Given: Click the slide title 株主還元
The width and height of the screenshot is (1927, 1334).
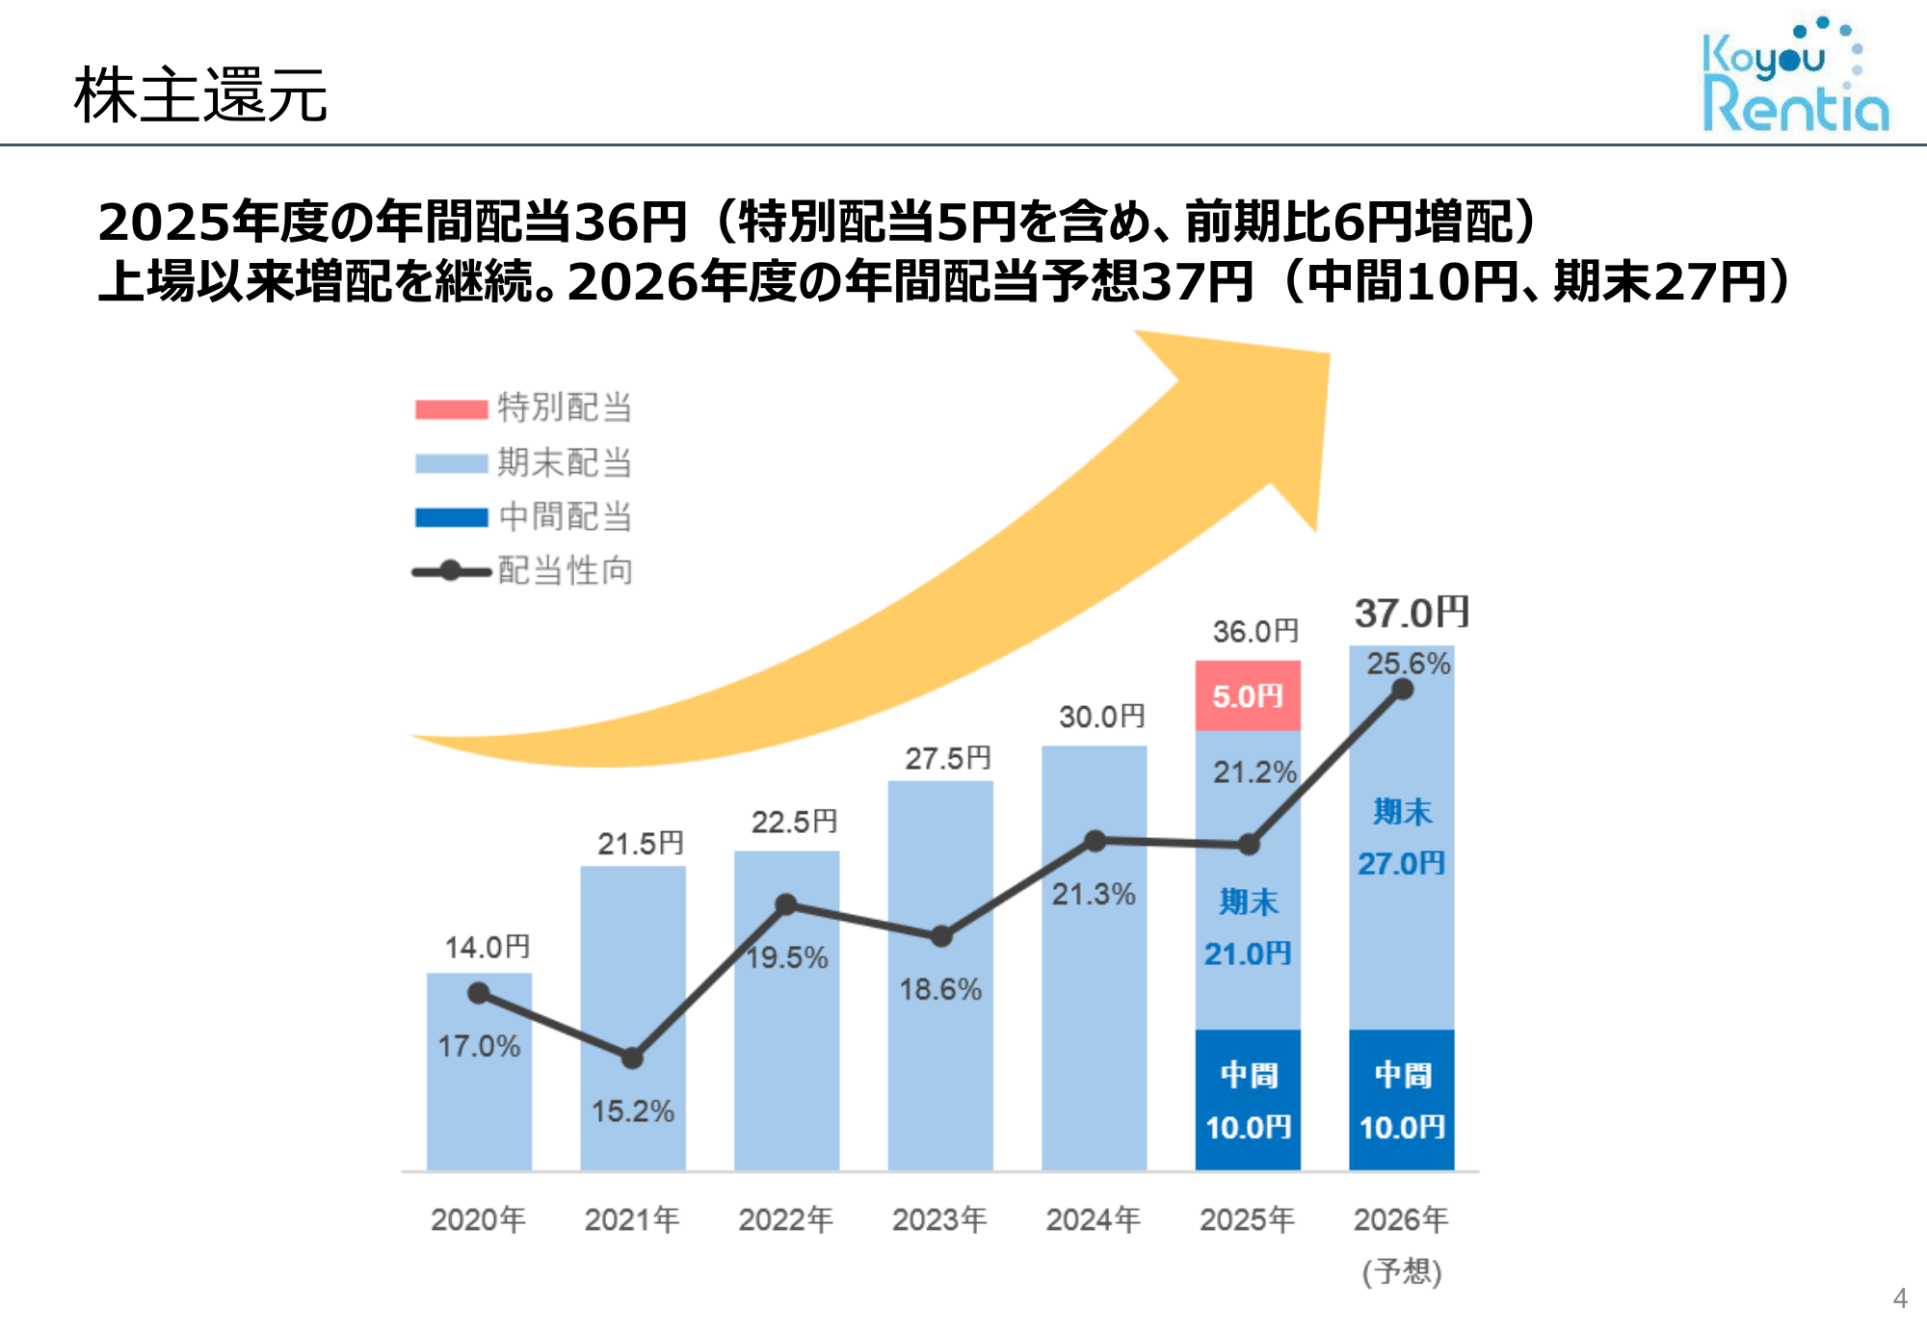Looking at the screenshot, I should (x=200, y=95).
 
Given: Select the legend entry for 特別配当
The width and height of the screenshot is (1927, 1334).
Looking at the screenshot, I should (x=523, y=407).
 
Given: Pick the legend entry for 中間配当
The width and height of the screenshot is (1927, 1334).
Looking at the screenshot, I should (x=523, y=517).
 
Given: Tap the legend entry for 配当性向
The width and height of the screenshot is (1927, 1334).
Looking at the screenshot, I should (x=523, y=571).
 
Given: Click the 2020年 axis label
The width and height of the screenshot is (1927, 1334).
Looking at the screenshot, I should (x=478, y=1220).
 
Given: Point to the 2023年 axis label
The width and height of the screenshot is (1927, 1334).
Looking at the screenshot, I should (x=939, y=1220).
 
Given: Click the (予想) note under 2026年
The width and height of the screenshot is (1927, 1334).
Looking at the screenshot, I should (x=1402, y=1272).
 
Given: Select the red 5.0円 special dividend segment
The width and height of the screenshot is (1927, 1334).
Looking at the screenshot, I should (x=1248, y=695).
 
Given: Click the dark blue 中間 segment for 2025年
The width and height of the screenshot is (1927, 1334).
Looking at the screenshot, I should (x=1248, y=1100).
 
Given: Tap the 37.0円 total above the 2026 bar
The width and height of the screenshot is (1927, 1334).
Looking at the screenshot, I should (x=1412, y=613).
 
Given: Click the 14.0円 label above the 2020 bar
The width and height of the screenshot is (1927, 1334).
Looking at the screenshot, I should (x=488, y=948).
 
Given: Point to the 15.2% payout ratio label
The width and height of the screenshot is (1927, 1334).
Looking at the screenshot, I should (x=633, y=1112).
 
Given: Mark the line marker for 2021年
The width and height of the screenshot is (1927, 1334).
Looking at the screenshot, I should (x=632, y=1059).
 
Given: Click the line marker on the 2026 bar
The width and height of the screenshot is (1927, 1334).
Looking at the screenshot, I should (x=1403, y=690).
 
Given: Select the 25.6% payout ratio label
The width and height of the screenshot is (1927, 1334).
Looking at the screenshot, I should (x=1408, y=663).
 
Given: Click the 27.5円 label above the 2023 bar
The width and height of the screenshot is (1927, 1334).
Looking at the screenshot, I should (x=948, y=759).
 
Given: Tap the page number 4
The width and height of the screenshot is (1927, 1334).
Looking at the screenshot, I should (x=1900, y=1298).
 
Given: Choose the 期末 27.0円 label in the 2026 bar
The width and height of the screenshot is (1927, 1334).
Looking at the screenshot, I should (x=1402, y=838).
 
